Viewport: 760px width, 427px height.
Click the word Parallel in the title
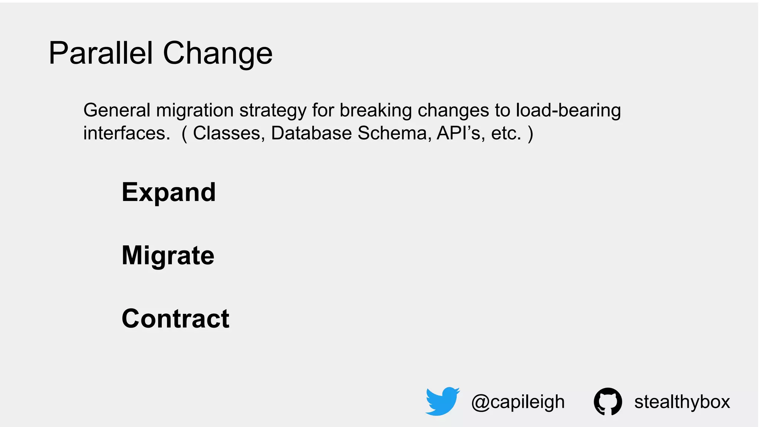pos(101,53)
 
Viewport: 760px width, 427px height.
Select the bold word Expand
pos(168,193)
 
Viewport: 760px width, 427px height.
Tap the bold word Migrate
pos(168,256)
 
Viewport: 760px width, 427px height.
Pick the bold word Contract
pos(175,319)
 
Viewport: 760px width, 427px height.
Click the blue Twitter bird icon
pos(442,401)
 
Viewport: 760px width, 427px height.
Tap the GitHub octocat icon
pos(607,401)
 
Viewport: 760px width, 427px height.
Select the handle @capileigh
pos(518,402)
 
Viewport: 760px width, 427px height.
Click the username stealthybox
pos(682,402)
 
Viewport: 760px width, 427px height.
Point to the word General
pos(117,110)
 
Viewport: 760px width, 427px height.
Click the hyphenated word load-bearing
pos(568,111)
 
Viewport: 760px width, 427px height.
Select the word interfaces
pos(126,133)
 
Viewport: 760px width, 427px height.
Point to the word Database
pos(311,133)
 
